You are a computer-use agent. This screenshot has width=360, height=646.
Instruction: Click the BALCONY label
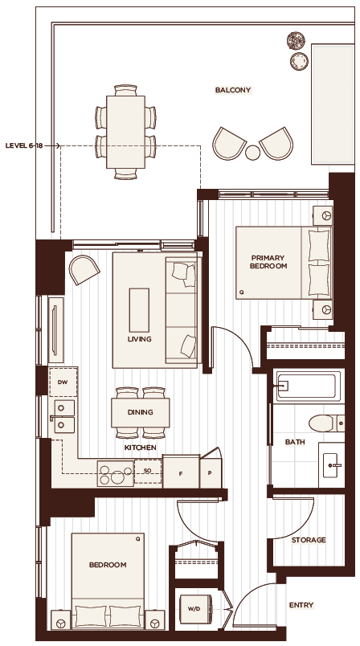click(x=233, y=90)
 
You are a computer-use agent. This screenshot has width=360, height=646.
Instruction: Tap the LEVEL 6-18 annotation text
click(x=24, y=146)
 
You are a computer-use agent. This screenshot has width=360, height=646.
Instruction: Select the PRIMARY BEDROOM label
click(x=268, y=262)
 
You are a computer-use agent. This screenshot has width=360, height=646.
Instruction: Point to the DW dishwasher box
click(x=63, y=382)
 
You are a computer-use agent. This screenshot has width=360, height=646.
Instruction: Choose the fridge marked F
click(x=181, y=472)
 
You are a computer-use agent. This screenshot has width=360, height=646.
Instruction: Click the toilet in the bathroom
click(x=326, y=423)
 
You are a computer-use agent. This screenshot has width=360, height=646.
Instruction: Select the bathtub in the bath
click(x=309, y=386)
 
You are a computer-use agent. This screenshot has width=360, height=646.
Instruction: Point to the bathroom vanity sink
click(x=332, y=465)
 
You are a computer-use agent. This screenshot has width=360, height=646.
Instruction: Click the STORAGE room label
click(x=309, y=540)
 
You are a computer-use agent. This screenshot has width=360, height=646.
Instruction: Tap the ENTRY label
click(x=301, y=605)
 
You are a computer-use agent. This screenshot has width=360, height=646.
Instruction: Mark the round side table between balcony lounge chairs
click(x=253, y=153)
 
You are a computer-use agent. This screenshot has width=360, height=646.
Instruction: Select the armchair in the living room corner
click(x=84, y=270)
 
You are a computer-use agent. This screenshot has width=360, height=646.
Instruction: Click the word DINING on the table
click(x=140, y=412)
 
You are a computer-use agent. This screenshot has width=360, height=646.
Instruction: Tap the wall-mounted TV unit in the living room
click(x=56, y=329)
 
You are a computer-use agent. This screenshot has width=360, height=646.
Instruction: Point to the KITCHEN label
click(x=140, y=448)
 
